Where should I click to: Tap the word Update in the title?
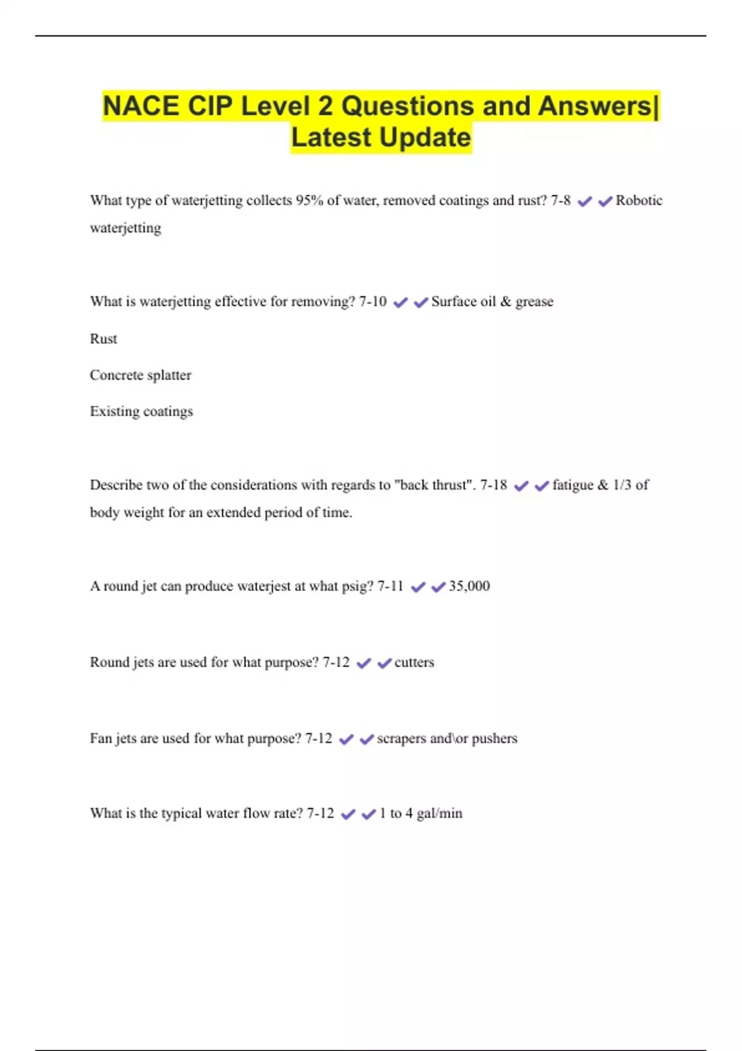click(x=425, y=137)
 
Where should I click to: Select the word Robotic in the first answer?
click(x=639, y=200)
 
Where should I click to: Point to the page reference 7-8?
click(x=560, y=200)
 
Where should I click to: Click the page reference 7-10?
click(x=372, y=302)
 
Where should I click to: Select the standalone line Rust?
click(x=103, y=339)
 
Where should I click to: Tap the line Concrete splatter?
click(x=140, y=375)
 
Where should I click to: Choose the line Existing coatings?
click(x=141, y=412)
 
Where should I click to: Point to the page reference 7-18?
click(x=493, y=485)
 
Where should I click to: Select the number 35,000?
click(x=469, y=586)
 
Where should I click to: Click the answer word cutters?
click(x=414, y=662)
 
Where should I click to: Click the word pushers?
click(x=494, y=738)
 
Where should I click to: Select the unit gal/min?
click(x=439, y=814)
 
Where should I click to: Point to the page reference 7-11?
click(x=390, y=586)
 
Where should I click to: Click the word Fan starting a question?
click(x=101, y=738)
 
